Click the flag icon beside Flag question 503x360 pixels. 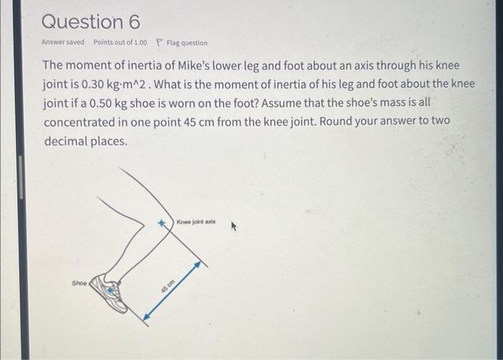pyautogui.click(x=160, y=43)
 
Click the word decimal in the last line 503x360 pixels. pyautogui.click(x=65, y=141)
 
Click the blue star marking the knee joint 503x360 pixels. pyautogui.click(x=163, y=223)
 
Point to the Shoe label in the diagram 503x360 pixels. pyautogui.click(x=79, y=282)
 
